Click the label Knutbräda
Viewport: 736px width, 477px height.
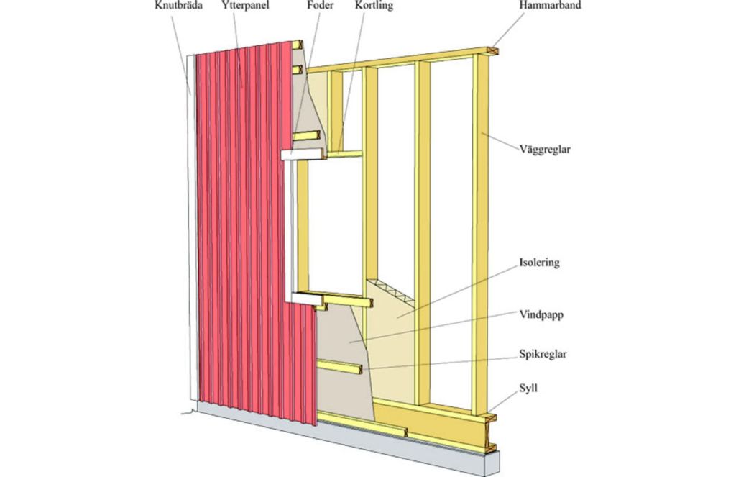pyautogui.click(x=178, y=6)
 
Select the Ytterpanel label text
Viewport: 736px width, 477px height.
pyautogui.click(x=246, y=6)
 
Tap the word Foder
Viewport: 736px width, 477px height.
pyautogui.click(x=320, y=6)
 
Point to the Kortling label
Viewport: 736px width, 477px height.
pyautogui.click(x=374, y=6)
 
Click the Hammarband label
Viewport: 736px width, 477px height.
pyautogui.click(x=550, y=6)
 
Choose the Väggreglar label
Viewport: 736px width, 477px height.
pyautogui.click(x=545, y=150)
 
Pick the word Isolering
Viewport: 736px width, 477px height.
pyautogui.click(x=539, y=262)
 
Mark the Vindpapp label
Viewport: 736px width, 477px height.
pyautogui.click(x=541, y=314)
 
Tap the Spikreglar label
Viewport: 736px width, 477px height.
pyautogui.click(x=543, y=354)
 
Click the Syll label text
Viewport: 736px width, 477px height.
pyautogui.click(x=528, y=389)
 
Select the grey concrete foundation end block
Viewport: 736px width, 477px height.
pyautogui.click(x=491, y=463)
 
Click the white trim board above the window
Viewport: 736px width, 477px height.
pyautogui.click(x=303, y=155)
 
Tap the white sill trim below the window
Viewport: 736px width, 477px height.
pyautogui.click(x=305, y=297)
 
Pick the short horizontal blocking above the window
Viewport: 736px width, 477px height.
pyautogui.click(x=345, y=154)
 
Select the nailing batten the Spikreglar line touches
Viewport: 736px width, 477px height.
pyautogui.click(x=340, y=366)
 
